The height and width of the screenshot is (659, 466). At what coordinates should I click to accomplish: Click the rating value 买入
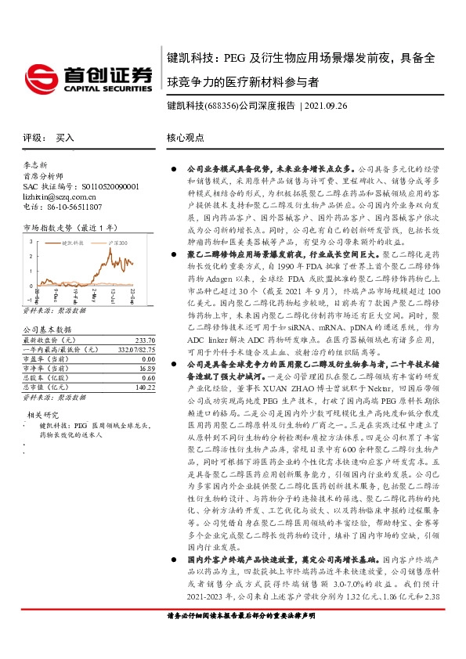pos(64,137)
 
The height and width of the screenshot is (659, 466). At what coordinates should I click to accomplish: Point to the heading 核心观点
pos(186,137)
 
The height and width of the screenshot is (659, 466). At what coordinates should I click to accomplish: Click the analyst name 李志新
pos(36,166)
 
